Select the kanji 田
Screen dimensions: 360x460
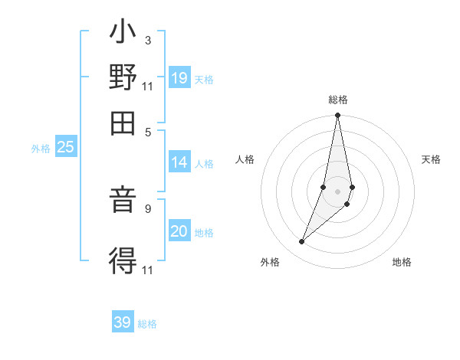pos(123,121)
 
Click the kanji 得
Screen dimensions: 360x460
pos(123,260)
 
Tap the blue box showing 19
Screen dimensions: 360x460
pos(179,79)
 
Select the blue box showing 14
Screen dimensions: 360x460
pos(179,162)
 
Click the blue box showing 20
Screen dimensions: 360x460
pos(179,231)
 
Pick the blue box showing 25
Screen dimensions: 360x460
pos(65,148)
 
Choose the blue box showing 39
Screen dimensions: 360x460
pos(123,322)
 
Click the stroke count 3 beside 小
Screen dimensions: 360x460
pos(147,40)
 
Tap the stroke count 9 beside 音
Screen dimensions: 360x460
pos(147,207)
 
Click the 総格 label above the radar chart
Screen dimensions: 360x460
pos(338,100)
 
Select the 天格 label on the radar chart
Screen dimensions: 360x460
pos(432,159)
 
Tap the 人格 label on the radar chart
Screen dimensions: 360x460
pos(245,159)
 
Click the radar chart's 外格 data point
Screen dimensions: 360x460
pos(302,242)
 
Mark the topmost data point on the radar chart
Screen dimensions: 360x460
pos(338,116)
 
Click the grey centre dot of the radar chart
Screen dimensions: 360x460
pos(338,191)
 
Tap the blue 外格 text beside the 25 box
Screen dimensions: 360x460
pos(40,149)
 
